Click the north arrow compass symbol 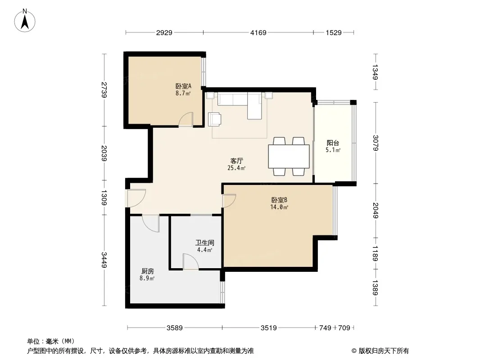[25, 21]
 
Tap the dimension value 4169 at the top [258, 32]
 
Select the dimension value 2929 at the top [164, 32]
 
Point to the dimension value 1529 [333, 32]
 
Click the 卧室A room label [183, 86]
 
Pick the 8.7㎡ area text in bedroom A [183, 93]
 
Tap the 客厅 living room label [236, 161]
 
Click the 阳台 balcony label [333, 143]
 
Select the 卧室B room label [279, 200]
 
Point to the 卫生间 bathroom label [205, 243]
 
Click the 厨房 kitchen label [147, 271]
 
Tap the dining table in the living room [289, 156]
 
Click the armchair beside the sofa [215, 119]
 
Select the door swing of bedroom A [186, 119]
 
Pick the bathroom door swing [190, 261]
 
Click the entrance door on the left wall [136, 198]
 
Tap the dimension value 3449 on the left [104, 260]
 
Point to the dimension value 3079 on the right [376, 143]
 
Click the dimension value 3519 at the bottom [268, 328]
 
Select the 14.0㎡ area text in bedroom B [279, 207]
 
